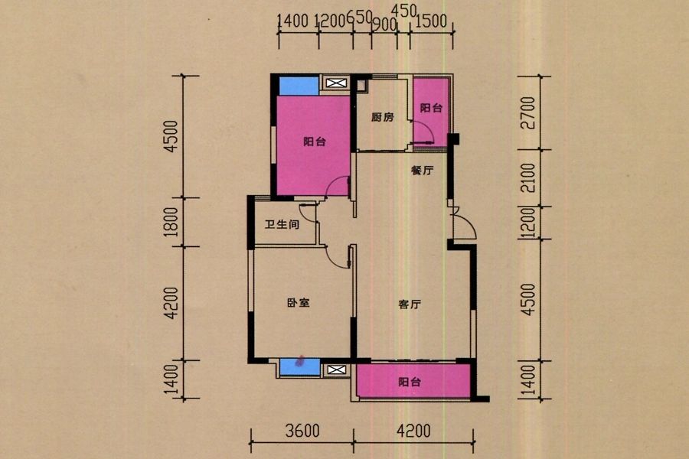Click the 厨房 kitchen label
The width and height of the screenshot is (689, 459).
[382, 117]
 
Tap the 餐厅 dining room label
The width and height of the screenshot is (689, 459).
[423, 170]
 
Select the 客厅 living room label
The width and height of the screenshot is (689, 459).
[410, 304]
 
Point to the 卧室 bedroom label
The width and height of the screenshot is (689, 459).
[299, 303]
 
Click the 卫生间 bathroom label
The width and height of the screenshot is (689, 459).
[282, 224]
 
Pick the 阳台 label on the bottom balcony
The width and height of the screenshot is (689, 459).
[410, 382]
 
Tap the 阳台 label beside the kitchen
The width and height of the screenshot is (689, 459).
[431, 108]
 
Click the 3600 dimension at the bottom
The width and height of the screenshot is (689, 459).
[302, 431]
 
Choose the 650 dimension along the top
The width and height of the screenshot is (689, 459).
[360, 18]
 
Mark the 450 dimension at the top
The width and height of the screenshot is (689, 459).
[403, 11]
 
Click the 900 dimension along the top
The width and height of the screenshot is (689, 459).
[384, 25]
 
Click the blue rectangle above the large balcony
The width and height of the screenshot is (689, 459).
[299, 86]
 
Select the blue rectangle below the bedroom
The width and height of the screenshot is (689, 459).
[300, 366]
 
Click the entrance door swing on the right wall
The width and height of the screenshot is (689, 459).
[464, 223]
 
